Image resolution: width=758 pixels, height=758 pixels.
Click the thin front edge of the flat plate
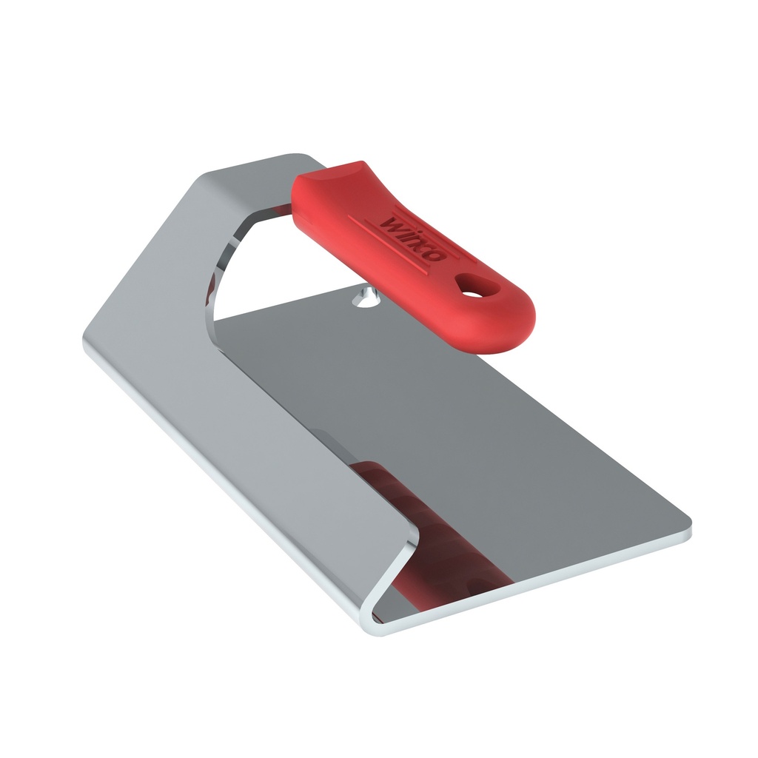tap(548, 581)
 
